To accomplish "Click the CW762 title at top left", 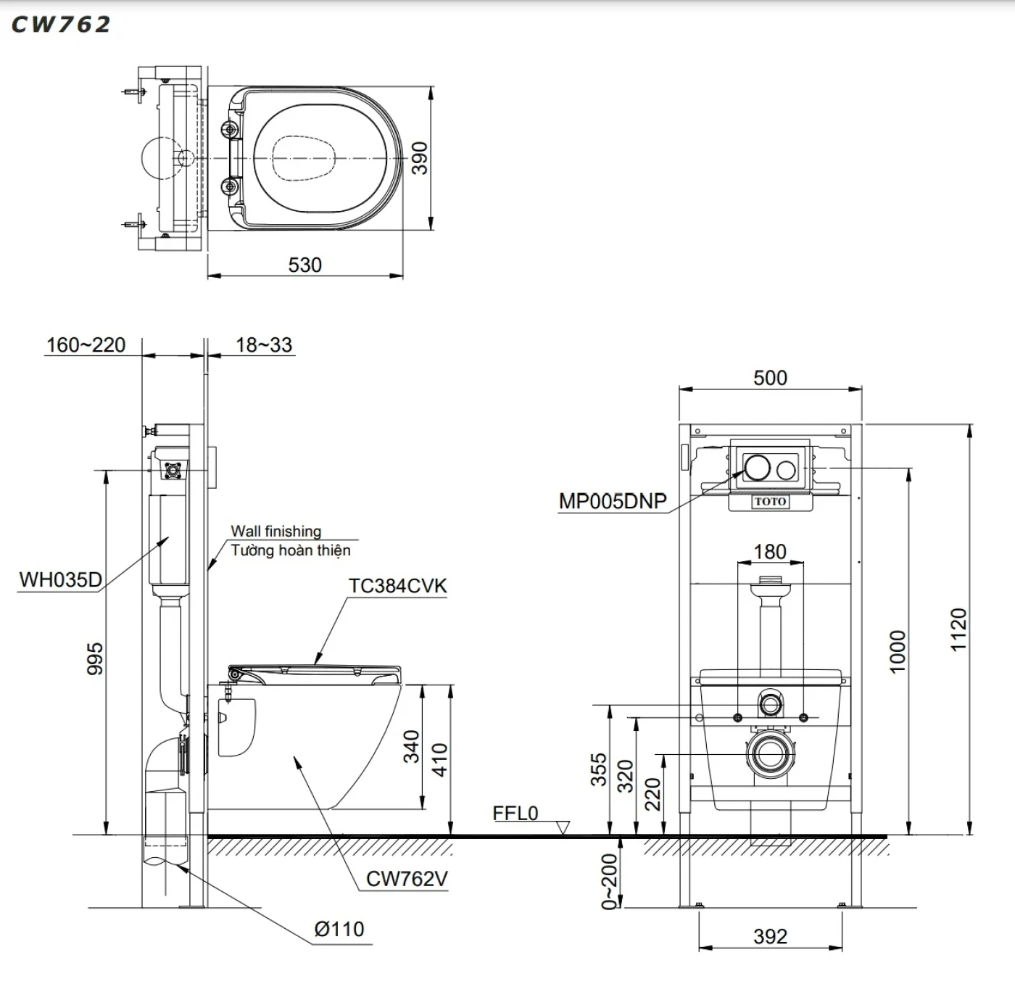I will coord(61,24).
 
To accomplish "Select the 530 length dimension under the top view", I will coord(304,265).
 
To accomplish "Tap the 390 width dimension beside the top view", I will coord(420,157).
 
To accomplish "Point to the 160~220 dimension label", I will coord(86,344).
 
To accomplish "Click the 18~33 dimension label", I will coord(264,344).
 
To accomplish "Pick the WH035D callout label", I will coord(60,579).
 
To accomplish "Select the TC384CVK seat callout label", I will coord(397,586).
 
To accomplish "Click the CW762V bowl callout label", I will coord(407,878).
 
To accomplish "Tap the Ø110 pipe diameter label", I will coord(339,929).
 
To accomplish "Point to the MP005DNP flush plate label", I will coord(613,501).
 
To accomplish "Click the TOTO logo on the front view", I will coord(770,501).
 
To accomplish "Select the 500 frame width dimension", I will coord(770,378).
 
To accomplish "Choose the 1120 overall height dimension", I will coord(958,629).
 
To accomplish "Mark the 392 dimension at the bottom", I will coord(770,936).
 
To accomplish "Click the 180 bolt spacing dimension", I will coord(770,552).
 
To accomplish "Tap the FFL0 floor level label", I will coord(515,814).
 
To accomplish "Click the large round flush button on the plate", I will coord(757,468).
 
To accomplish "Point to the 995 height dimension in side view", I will coord(95,658).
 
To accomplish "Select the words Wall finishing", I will coord(275,531).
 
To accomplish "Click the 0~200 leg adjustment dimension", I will coord(609,880).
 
